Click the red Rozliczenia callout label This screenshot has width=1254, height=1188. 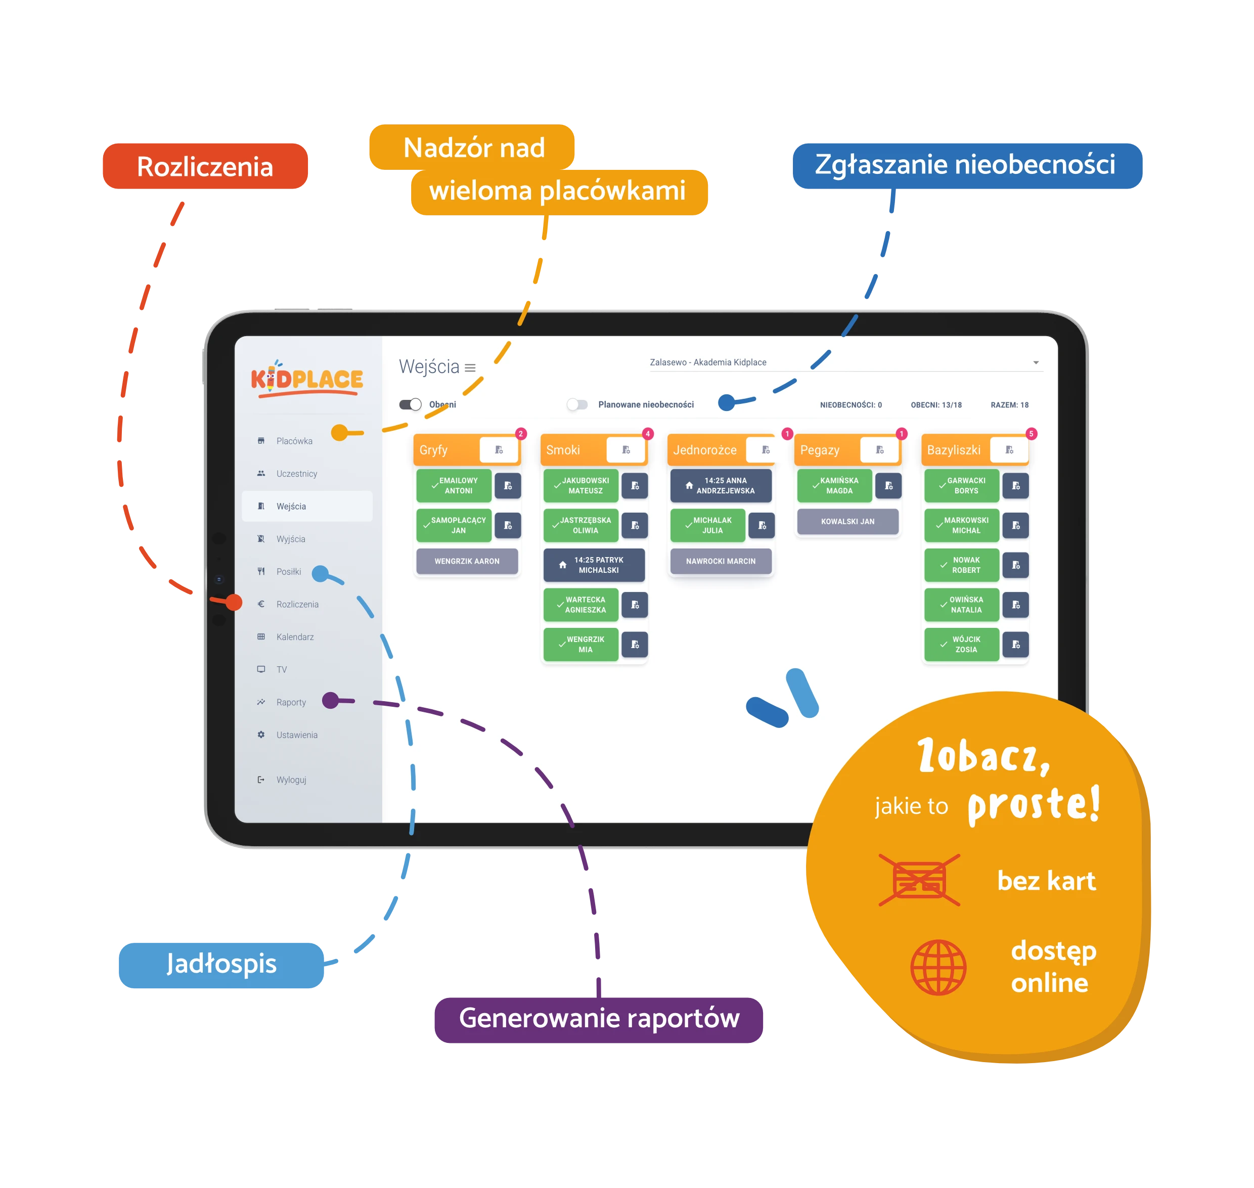pos(205,166)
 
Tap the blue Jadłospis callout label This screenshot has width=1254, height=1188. pos(221,965)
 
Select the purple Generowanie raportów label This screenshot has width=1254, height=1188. pos(599,1020)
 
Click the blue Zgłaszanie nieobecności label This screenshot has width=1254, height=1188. pos(967,166)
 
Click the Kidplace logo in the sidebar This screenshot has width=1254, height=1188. pos(307,379)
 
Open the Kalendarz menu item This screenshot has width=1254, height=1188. pos(294,636)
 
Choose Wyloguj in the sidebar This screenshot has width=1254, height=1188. pos(291,780)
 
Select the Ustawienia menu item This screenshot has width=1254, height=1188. pos(296,735)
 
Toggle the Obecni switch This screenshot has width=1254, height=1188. pos(411,404)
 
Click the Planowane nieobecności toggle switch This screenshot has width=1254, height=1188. pos(577,404)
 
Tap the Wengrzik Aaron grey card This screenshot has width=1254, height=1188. pos(467,561)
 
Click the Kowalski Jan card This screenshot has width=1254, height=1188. pos(847,521)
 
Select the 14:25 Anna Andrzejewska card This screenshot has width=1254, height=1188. pos(721,486)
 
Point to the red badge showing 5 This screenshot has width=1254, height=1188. pos(1031,434)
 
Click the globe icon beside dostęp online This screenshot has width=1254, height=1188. pos(938,967)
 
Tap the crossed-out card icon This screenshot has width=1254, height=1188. pos(919,880)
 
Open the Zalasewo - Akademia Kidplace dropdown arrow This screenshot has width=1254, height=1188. pos(1036,363)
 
